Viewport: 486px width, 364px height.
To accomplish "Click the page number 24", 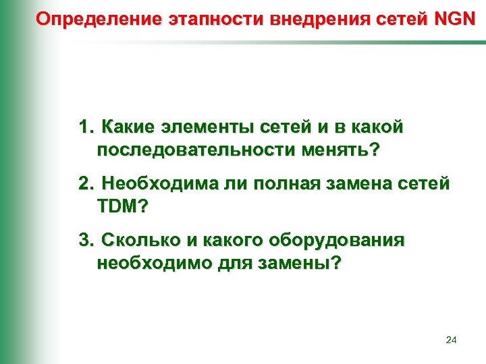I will click(x=452, y=340).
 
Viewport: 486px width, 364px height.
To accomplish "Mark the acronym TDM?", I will click(x=121, y=206).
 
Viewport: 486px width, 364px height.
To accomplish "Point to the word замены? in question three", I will click(x=303, y=264).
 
